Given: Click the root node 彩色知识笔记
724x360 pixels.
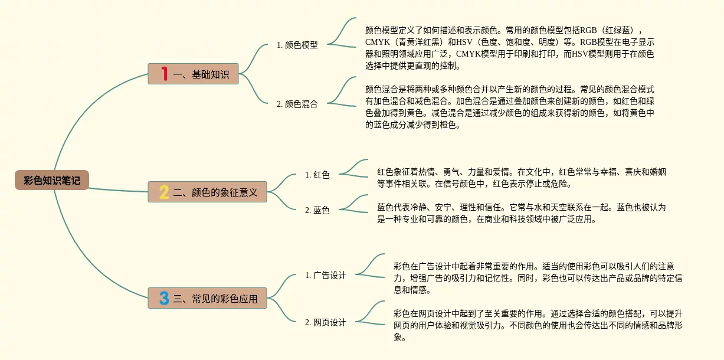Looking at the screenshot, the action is [x=52, y=180].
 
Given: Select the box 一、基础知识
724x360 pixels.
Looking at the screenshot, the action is [x=193, y=74].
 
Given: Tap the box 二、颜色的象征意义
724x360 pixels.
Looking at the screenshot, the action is [x=207, y=192].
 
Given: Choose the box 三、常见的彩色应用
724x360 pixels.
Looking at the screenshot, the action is [x=207, y=298].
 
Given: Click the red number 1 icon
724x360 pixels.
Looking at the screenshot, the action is [x=164, y=74].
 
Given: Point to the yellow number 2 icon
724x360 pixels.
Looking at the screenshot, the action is [x=164, y=192].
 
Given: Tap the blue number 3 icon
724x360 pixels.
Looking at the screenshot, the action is [x=164, y=298].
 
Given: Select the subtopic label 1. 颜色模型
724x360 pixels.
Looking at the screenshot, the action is [x=297, y=45].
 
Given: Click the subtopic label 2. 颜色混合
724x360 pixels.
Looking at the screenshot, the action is [x=297, y=104].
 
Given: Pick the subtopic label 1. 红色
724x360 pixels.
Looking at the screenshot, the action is [x=317, y=175].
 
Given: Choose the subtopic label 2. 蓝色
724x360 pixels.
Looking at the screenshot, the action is [x=317, y=210].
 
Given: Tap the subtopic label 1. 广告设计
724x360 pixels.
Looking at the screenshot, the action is [x=325, y=275].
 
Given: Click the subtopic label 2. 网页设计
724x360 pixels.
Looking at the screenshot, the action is [x=325, y=322].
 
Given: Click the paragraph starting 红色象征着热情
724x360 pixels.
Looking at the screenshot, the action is [x=522, y=178].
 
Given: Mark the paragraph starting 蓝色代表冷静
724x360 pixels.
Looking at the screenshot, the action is [x=522, y=213].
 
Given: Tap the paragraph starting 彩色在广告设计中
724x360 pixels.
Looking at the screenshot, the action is [x=538, y=278].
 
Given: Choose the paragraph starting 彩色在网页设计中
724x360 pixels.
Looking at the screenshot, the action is [x=538, y=325].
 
